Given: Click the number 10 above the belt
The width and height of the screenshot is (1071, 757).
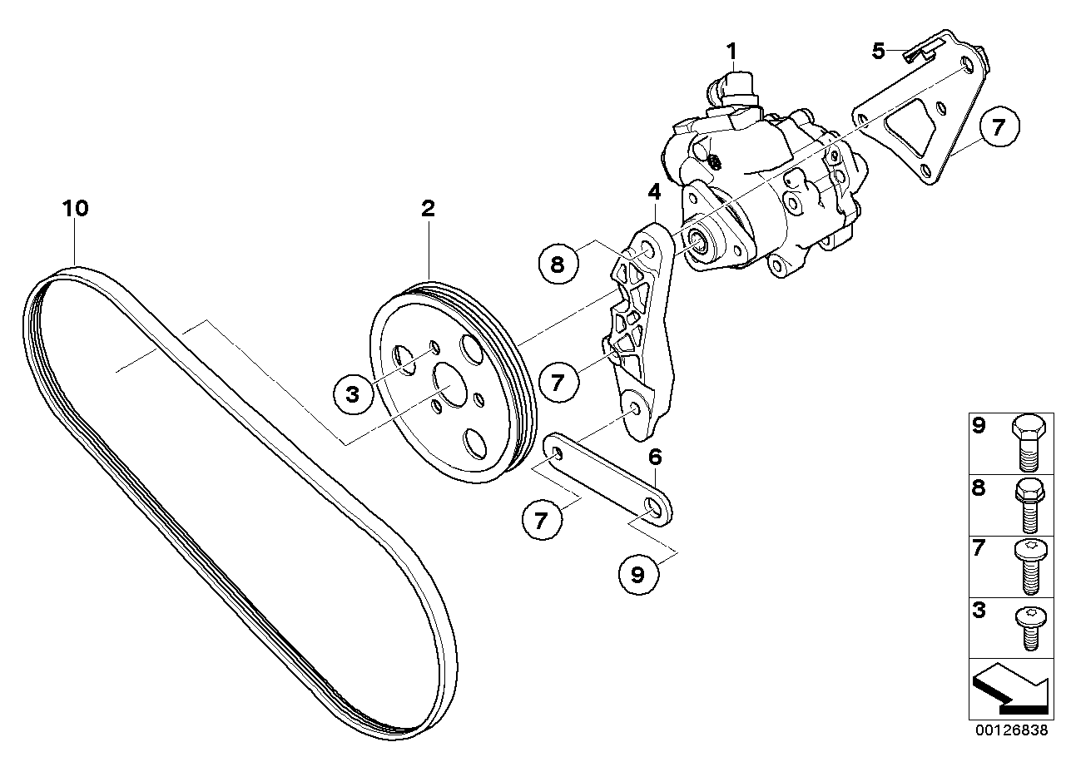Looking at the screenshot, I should point(75,208).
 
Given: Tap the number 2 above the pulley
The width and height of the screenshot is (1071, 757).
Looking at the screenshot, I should point(428,209).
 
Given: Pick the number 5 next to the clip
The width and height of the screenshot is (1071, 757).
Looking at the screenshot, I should point(879,52).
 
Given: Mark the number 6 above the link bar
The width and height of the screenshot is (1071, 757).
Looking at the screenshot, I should point(655,457).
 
